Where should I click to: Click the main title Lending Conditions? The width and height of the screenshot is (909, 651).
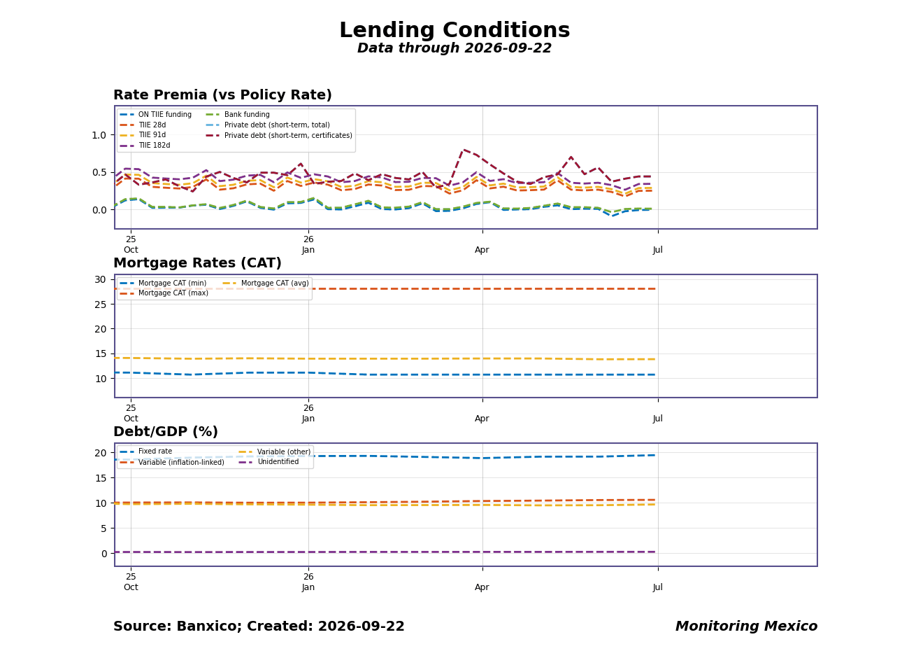[454, 30]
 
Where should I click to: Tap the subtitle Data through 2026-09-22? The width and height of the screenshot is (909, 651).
[454, 48]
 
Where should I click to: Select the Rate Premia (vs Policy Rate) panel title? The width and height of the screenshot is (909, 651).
[222, 94]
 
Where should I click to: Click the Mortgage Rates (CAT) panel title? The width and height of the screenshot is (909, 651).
[197, 263]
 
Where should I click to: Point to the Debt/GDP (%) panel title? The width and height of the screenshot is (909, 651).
[166, 432]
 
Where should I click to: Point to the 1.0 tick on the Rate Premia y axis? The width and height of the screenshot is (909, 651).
[99, 135]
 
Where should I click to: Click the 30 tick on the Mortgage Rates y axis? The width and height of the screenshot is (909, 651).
[100, 279]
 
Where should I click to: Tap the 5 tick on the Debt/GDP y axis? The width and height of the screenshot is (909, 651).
[104, 528]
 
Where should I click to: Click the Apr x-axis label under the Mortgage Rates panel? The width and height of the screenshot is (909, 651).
[482, 419]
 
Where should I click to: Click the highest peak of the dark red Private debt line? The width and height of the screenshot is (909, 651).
[464, 150]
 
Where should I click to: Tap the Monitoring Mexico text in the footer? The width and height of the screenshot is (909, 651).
[746, 626]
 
